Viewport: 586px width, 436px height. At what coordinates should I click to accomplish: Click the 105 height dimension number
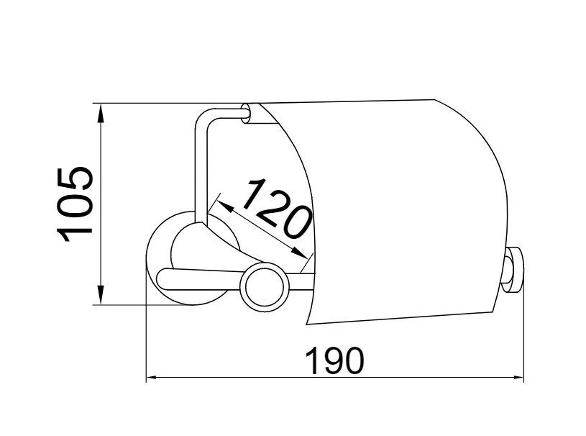[74, 204]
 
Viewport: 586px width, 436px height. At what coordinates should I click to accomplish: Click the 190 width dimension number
[334, 361]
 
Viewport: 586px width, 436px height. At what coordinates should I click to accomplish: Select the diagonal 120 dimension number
[278, 209]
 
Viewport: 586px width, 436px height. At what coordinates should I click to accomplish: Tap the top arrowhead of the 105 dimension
[100, 113]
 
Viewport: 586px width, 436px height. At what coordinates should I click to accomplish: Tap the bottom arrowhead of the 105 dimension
[100, 295]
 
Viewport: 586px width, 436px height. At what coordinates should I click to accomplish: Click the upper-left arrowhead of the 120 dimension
[225, 206]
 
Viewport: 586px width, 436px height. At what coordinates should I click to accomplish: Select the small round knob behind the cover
[513, 270]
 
